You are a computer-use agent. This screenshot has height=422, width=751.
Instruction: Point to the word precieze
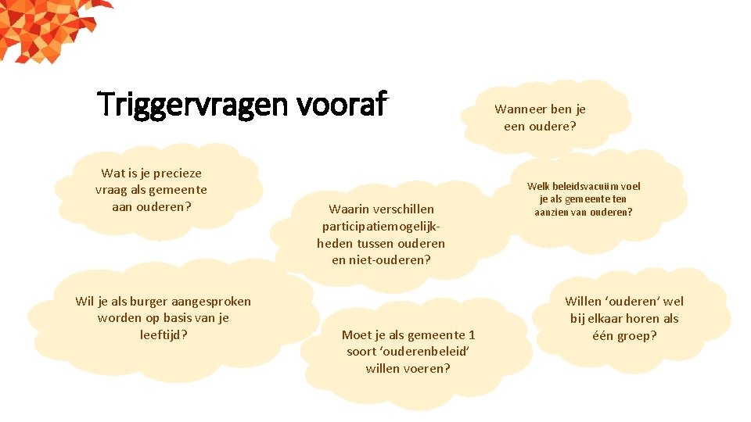point(174,173)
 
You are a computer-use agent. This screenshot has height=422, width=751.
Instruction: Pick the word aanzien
point(552,213)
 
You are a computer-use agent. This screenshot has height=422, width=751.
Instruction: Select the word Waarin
point(347,209)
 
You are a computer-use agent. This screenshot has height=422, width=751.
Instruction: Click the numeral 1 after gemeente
point(472,335)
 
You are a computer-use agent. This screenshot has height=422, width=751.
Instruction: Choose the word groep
point(637,336)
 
